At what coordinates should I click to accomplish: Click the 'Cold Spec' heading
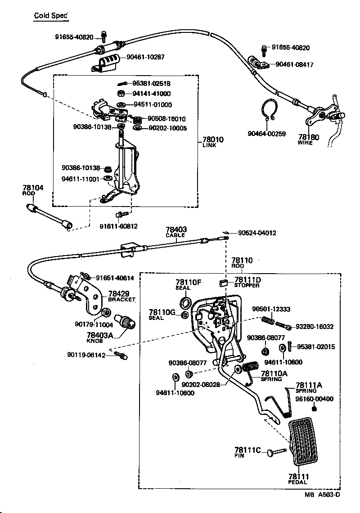pyautogui.click(x=51, y=16)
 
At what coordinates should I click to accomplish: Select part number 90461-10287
pyautogui.click(x=145, y=57)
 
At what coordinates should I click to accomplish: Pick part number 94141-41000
pyautogui.click(x=152, y=94)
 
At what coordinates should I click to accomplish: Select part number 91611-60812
pyautogui.click(x=119, y=226)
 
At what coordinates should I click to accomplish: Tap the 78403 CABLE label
pyautogui.click(x=176, y=232)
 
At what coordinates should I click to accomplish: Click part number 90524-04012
pyautogui.click(x=257, y=233)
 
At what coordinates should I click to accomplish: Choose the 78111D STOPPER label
pyautogui.click(x=247, y=282)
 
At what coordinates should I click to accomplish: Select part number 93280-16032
pyautogui.click(x=315, y=327)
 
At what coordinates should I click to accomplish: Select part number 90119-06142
pyautogui.click(x=86, y=355)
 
